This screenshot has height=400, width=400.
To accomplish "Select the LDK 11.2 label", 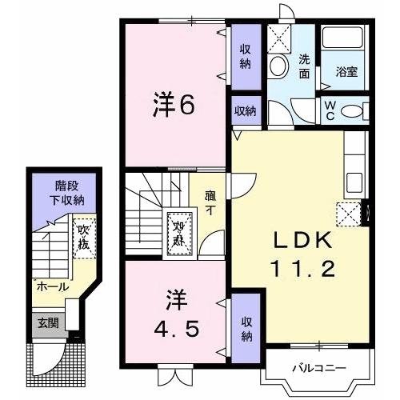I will pos(303,254).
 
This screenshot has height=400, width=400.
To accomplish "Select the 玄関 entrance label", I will pos(46,323).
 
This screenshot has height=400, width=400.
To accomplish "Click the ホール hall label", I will pos(50,286).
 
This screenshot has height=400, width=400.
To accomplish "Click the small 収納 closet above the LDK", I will pos(245,110).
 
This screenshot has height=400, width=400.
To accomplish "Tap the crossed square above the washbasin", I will pos(280,38).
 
